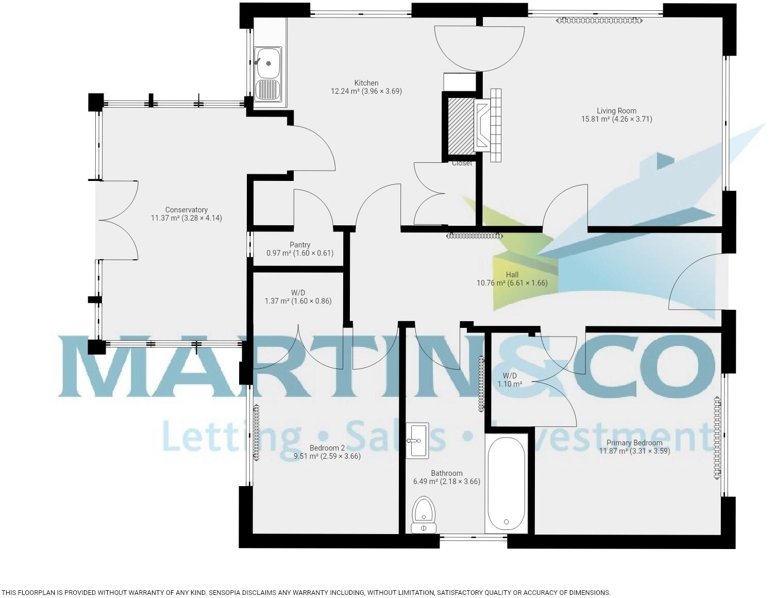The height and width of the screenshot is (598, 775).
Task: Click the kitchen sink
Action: point(268,73)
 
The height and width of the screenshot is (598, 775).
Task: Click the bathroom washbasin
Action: point(417,441)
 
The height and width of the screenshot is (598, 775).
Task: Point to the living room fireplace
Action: point(487,125)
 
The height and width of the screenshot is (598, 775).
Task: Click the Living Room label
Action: point(616,111)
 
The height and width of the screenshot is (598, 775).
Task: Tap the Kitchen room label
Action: point(366,83)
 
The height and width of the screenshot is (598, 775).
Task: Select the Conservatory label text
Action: point(186,210)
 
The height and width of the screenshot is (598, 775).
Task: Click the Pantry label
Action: point(299,245)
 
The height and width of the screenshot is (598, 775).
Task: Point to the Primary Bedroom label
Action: point(634,443)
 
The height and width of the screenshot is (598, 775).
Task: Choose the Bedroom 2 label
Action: point(327,448)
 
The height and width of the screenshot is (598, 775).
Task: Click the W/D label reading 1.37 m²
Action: point(298,301)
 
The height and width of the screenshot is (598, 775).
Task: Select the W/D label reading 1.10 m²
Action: point(510,384)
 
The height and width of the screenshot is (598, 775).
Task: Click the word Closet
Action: point(462,163)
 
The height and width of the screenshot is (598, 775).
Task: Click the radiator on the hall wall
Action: point(475,236)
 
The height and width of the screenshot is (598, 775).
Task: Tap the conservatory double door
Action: point(117,220)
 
